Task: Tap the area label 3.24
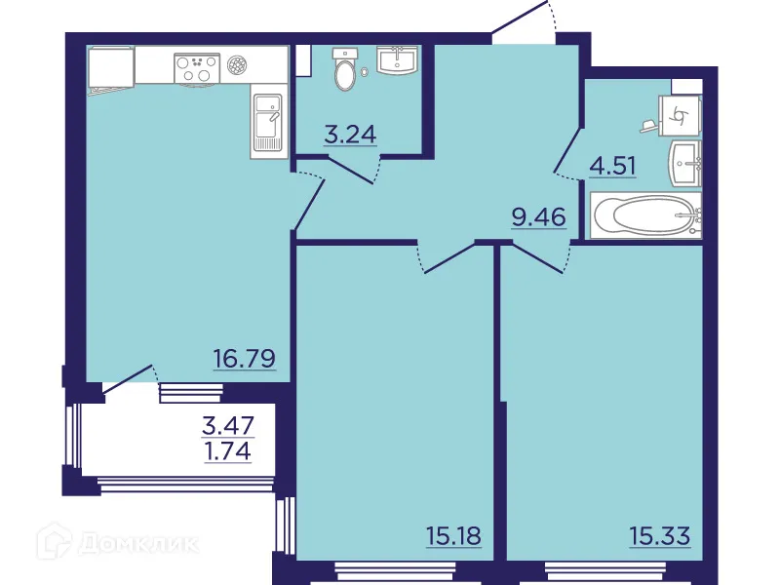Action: tap(350, 135)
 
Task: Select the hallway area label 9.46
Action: tap(538, 216)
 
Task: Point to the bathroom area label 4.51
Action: tap(612, 165)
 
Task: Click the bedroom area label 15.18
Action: tap(453, 535)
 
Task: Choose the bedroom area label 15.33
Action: tap(660, 535)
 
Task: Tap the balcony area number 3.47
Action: tap(226, 426)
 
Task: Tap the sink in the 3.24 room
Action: tap(398, 60)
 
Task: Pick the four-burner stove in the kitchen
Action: tap(195, 66)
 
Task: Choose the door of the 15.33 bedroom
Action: tap(538, 256)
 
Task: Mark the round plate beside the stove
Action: tap(236, 66)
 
